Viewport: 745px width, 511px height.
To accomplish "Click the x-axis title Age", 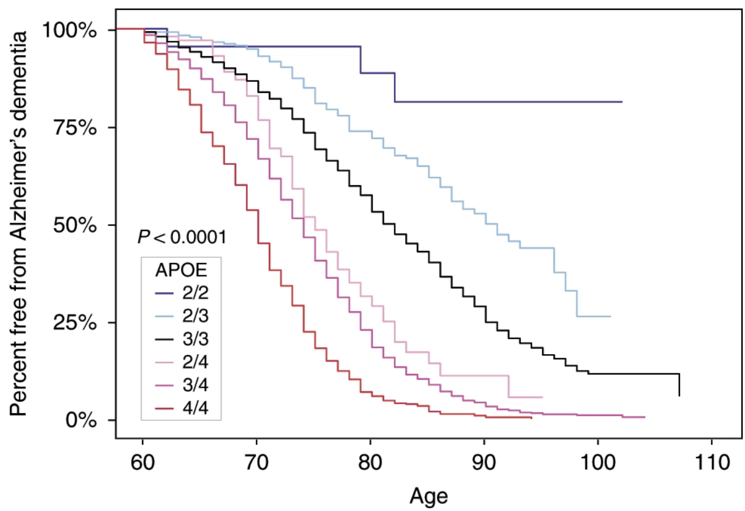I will coord(429,496).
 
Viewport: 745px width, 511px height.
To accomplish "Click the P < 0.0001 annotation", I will coord(182,237).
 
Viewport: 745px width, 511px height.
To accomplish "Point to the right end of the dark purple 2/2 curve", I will coord(622,102).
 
